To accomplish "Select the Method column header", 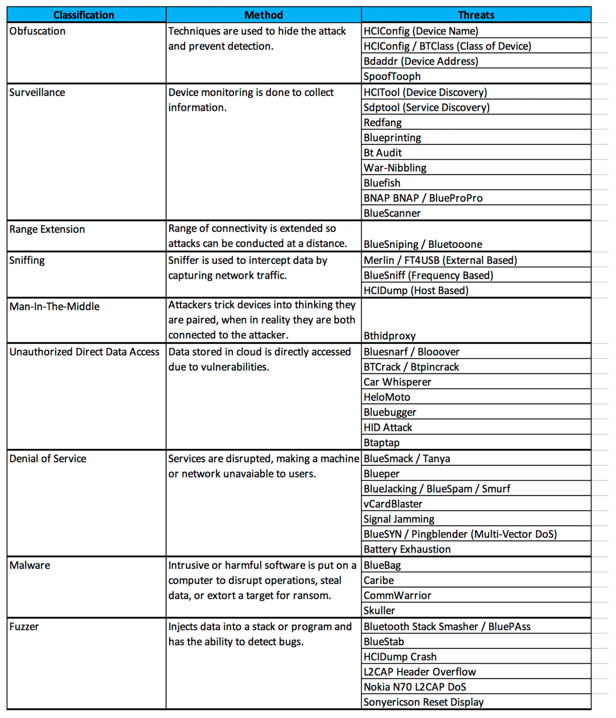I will click(x=263, y=15).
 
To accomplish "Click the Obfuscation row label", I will click(x=37, y=31).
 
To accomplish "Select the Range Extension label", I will click(x=47, y=229).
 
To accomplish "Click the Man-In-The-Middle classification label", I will click(x=54, y=307).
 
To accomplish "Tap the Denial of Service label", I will click(x=48, y=459).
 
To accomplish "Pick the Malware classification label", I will click(x=30, y=566).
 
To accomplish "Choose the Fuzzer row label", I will click(x=24, y=627).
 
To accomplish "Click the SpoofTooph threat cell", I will click(x=392, y=76).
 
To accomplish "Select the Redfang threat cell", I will click(x=383, y=123).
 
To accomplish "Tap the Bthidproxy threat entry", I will click(x=390, y=336).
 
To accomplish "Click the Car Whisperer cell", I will click(x=397, y=382).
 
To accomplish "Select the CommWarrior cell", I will click(x=397, y=596).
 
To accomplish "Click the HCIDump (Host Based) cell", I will click(x=416, y=290).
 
